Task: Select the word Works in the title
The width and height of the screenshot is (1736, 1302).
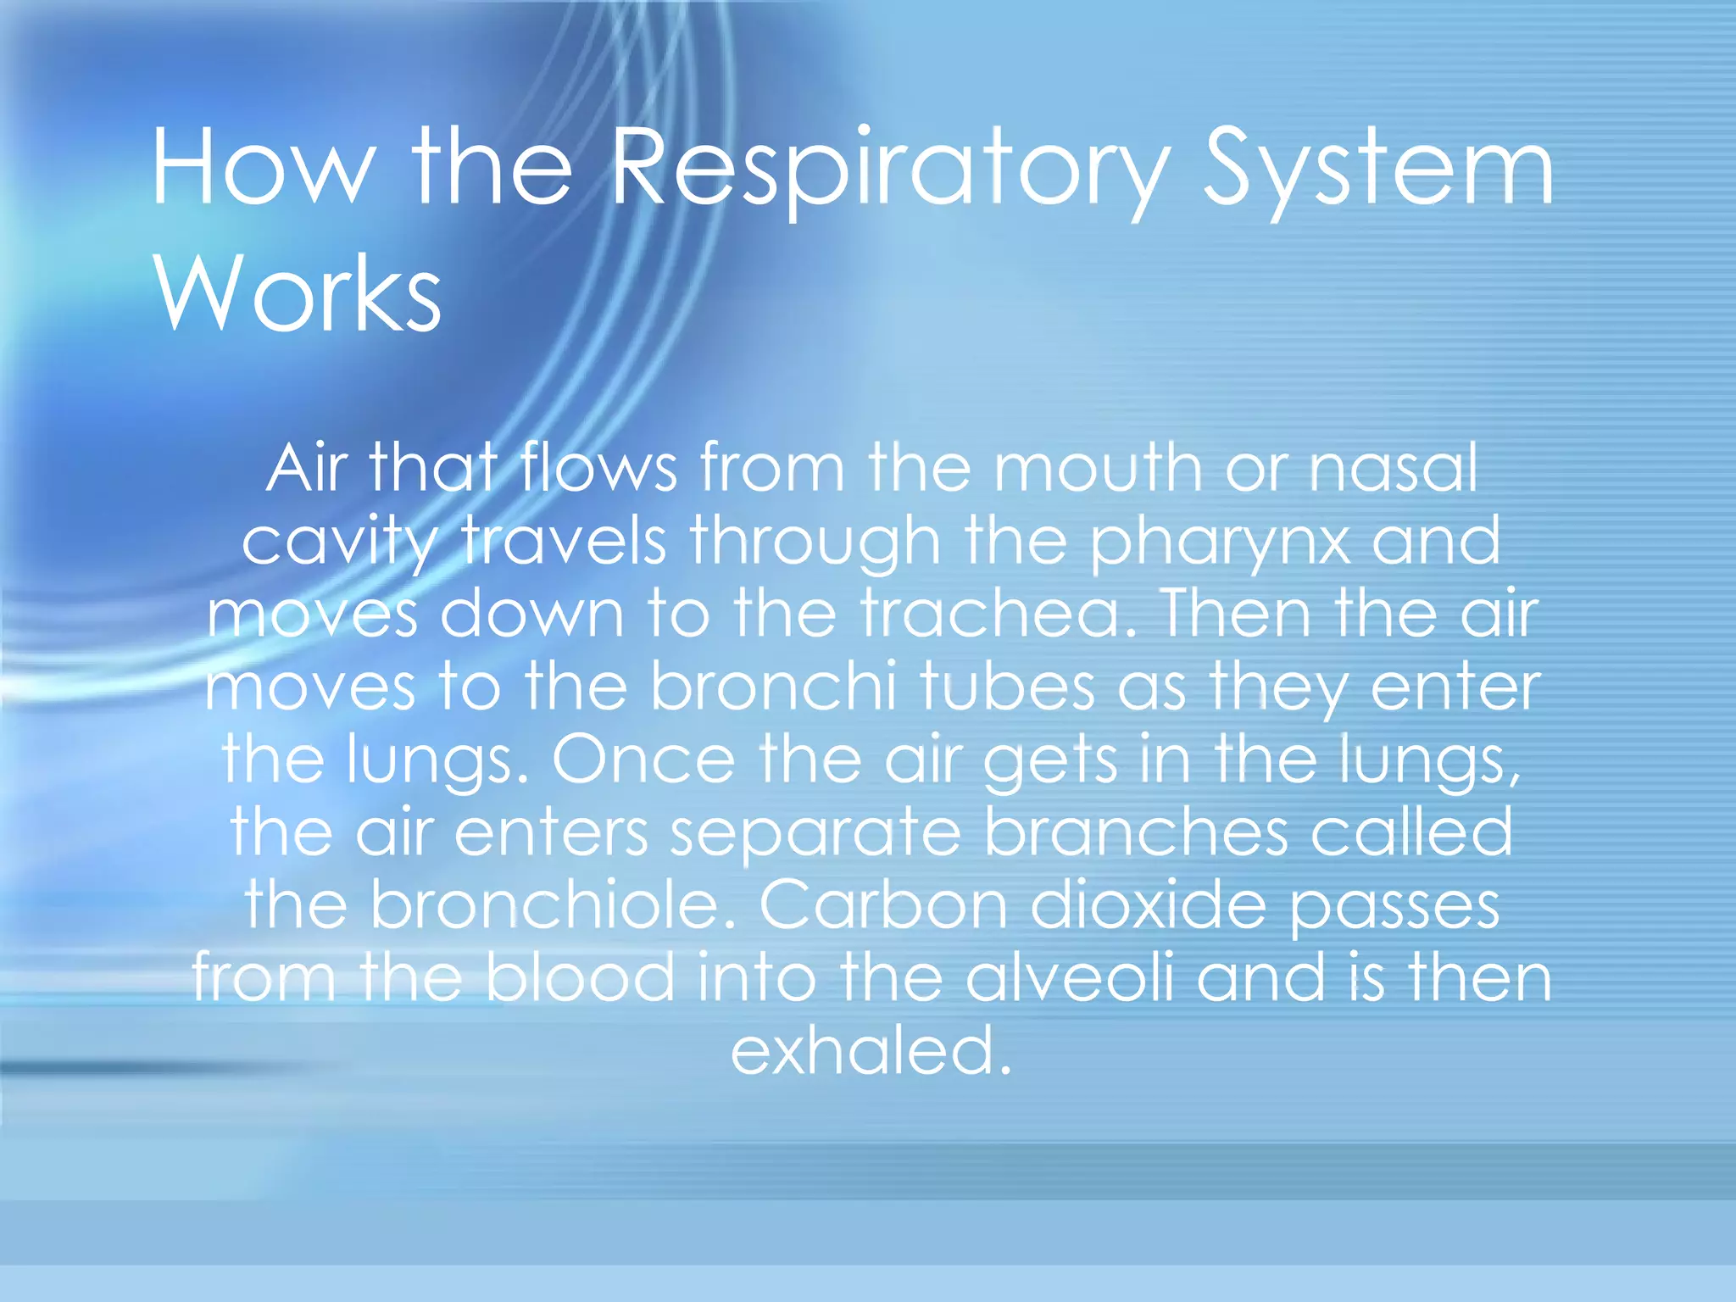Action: tap(297, 293)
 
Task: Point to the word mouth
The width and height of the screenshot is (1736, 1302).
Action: tap(1097, 468)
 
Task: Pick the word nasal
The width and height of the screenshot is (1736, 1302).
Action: tap(1394, 468)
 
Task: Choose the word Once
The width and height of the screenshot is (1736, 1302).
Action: tap(644, 759)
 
